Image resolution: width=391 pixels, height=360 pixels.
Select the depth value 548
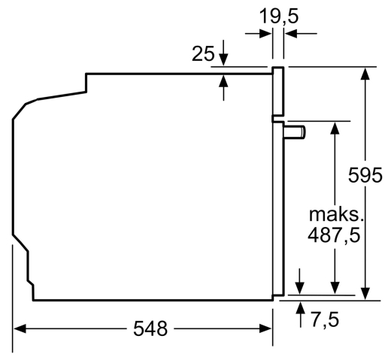(x=150, y=328)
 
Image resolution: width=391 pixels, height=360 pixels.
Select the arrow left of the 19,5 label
(x=259, y=33)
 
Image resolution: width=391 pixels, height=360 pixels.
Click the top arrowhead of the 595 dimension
(x=366, y=73)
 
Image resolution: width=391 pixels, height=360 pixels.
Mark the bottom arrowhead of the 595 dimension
(x=366, y=293)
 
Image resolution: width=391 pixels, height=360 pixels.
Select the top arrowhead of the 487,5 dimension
(x=334, y=127)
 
